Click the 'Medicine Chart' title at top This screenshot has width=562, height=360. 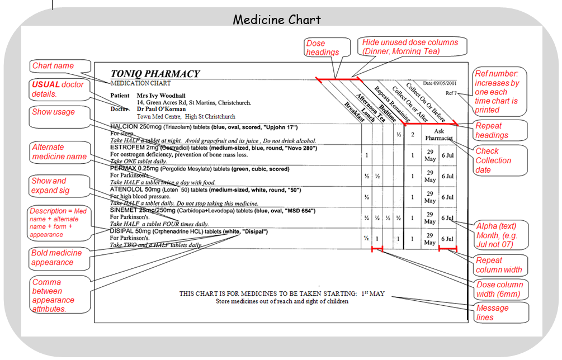click(x=277, y=20)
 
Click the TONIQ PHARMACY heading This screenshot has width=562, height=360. click(x=155, y=74)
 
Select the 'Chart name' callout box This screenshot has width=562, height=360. click(x=54, y=66)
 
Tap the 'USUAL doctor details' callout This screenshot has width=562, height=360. click(x=58, y=89)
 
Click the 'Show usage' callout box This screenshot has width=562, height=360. click(x=54, y=112)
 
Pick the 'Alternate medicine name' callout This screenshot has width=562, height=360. click(x=59, y=152)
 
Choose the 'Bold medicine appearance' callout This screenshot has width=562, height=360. click(x=56, y=258)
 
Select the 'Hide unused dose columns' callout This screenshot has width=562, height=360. click(x=410, y=46)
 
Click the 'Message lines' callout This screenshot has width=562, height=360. click(x=492, y=312)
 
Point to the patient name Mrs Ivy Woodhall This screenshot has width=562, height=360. click(x=161, y=96)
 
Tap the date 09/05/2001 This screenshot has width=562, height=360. click(x=442, y=83)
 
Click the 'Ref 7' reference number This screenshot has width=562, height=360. click(x=451, y=93)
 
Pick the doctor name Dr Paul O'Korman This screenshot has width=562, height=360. click(x=163, y=110)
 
